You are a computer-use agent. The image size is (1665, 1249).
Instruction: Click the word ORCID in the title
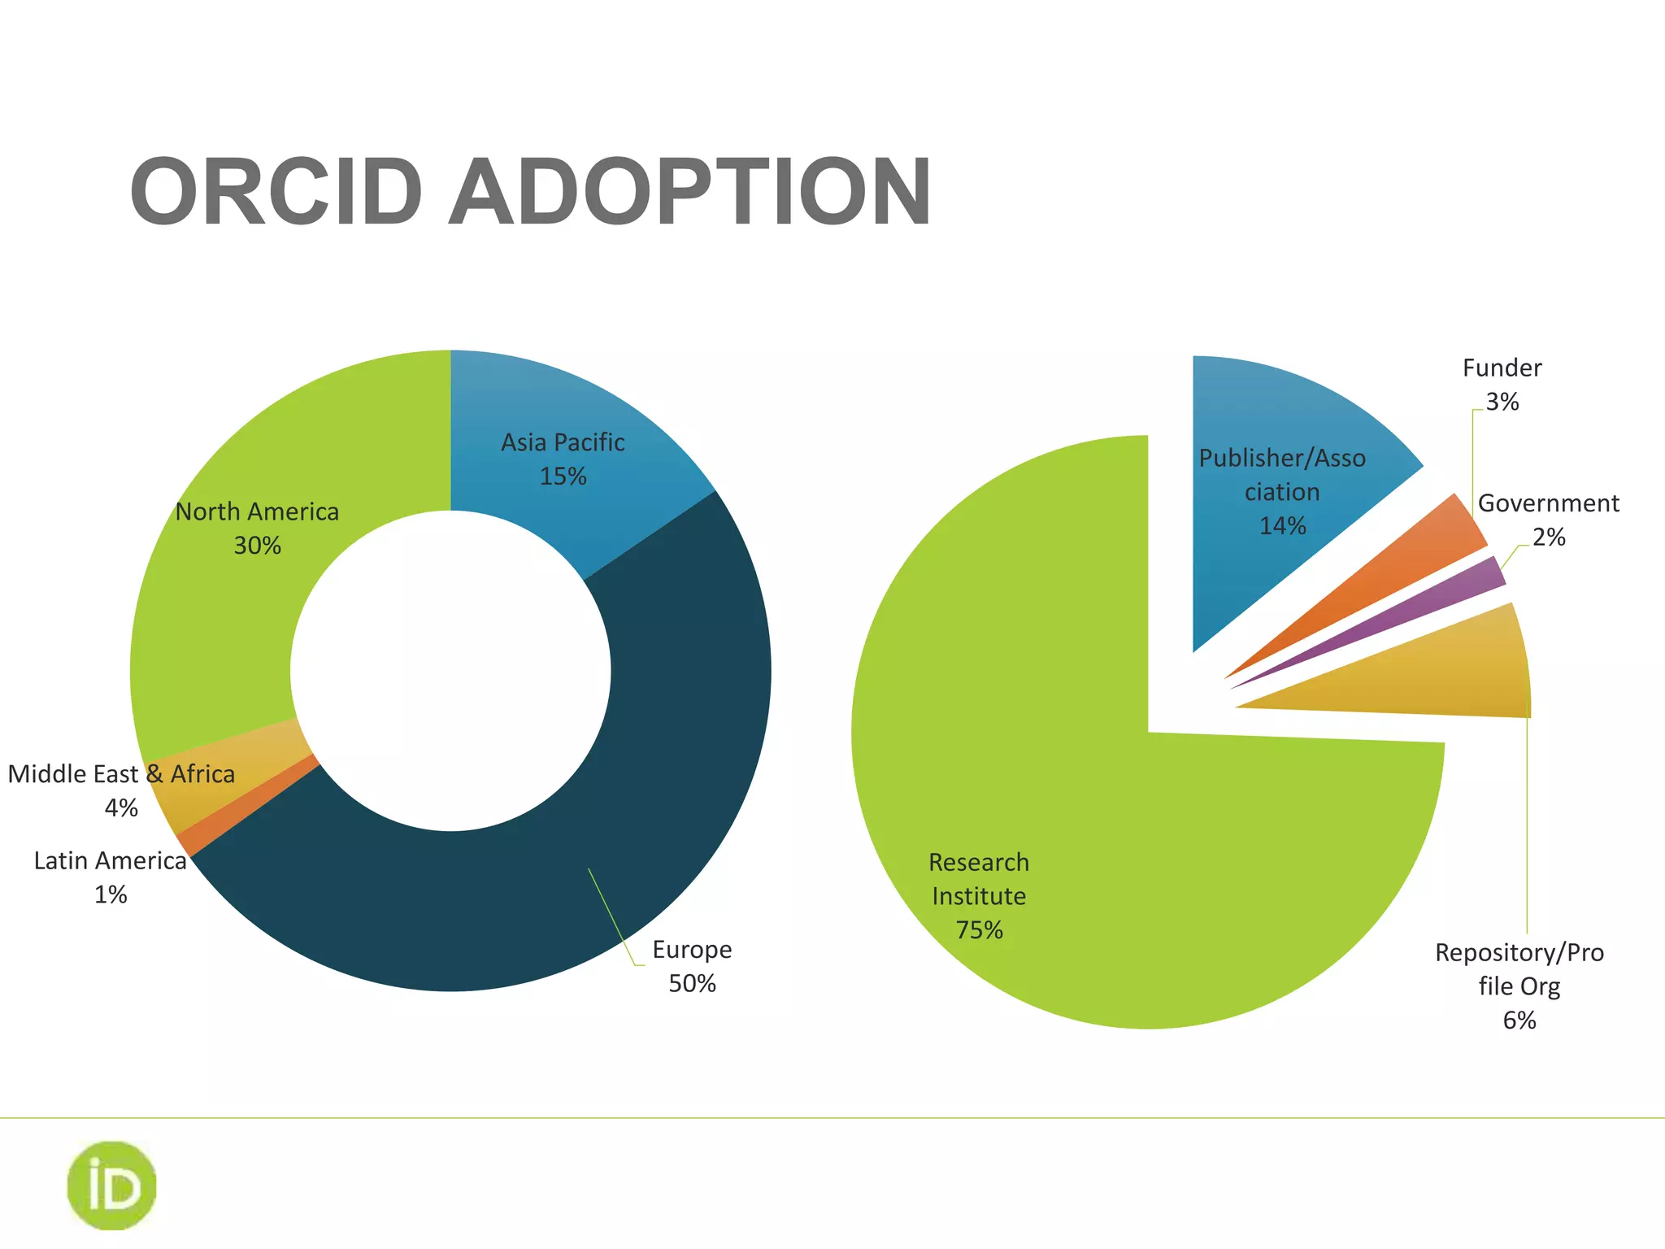pyautogui.click(x=276, y=193)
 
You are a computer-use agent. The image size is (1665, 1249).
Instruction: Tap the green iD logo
pyautogui.click(x=111, y=1186)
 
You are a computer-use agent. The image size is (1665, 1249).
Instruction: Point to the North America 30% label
pyautogui.click(x=257, y=528)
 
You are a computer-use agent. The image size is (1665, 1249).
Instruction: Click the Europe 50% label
pyautogui.click(x=692, y=966)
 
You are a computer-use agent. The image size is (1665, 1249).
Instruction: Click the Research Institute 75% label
pyautogui.click(x=979, y=895)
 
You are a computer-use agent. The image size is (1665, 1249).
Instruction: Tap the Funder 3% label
pyautogui.click(x=1502, y=385)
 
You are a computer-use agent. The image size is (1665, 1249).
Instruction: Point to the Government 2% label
pyautogui.click(x=1548, y=520)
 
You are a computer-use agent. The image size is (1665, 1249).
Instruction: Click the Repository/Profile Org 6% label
pyautogui.click(x=1519, y=986)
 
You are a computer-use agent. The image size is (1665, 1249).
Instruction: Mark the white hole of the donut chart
pyautogui.click(x=450, y=671)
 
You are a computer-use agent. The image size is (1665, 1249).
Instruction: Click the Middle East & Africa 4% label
pyautogui.click(x=121, y=790)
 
